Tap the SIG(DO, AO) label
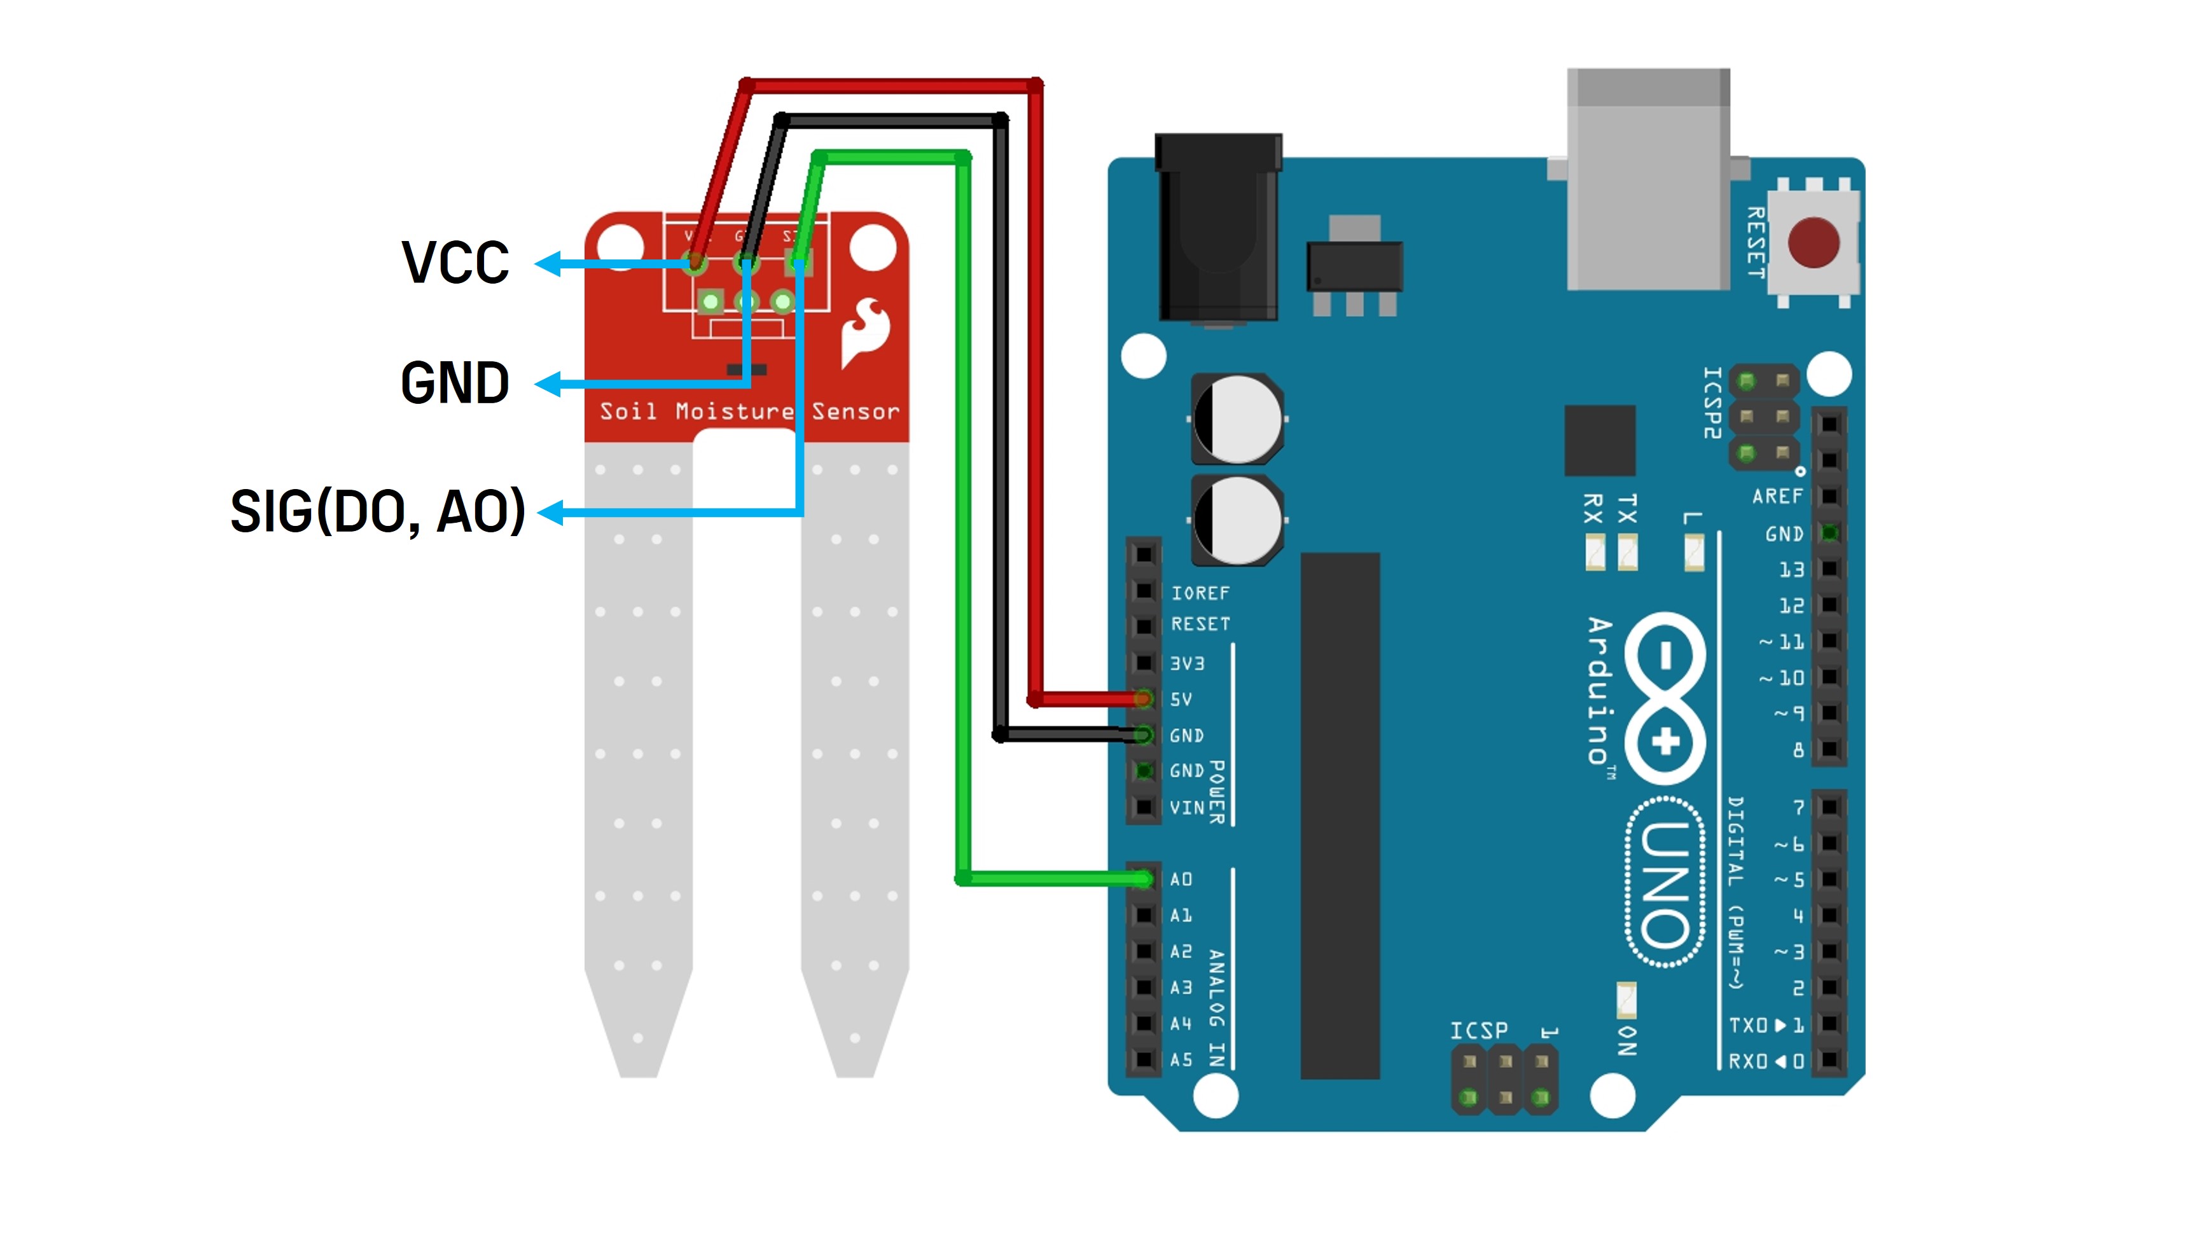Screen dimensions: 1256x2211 pos(378,511)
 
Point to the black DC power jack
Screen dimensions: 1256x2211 pos(1217,228)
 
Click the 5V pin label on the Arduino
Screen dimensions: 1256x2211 pos(1181,700)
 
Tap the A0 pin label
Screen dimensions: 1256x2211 pos(1181,879)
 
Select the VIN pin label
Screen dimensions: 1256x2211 pos(1186,808)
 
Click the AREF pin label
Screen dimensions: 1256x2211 pos(1777,497)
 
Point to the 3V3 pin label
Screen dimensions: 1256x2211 pos(1187,663)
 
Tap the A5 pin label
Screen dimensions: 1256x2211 pos(1181,1059)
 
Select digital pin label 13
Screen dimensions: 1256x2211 pos(1791,569)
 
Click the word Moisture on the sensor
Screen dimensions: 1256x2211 pos(734,411)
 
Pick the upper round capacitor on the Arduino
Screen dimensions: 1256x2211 pos(1238,420)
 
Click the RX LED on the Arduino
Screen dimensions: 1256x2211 pos(1595,553)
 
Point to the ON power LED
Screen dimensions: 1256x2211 pos(1626,1000)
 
